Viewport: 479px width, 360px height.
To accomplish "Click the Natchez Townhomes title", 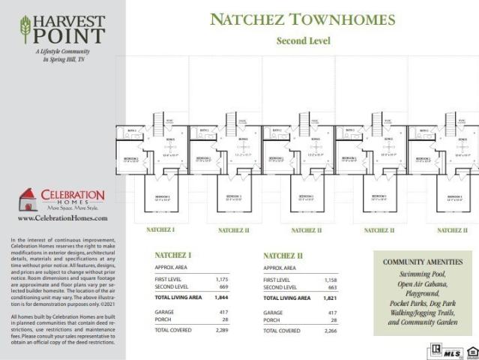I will (x=304, y=18).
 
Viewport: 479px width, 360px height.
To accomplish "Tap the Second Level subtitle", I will (x=304, y=40).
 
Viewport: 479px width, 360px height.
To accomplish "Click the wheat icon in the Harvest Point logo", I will (x=27, y=29).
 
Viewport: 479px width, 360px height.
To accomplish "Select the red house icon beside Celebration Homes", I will (x=28, y=199).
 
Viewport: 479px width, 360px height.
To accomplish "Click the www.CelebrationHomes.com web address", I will (x=62, y=218).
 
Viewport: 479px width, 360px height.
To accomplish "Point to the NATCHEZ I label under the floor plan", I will (x=160, y=229).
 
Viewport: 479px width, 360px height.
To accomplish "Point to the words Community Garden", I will (x=427, y=322).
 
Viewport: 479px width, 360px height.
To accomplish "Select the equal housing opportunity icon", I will (x=471, y=350).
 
